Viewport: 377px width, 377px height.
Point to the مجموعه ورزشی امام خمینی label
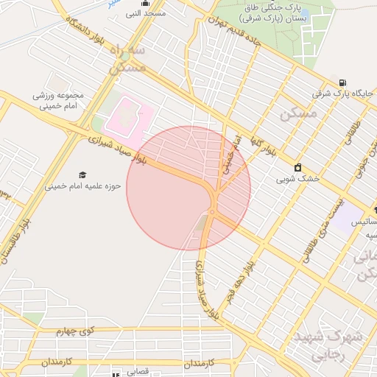(x=58, y=100)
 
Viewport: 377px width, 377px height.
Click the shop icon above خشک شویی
(x=298, y=167)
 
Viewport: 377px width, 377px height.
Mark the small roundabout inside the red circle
(x=211, y=211)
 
